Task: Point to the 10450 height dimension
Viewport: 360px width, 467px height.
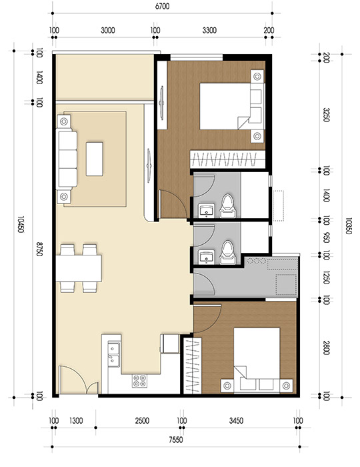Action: click(x=21, y=223)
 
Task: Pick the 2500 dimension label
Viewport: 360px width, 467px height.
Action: click(x=141, y=421)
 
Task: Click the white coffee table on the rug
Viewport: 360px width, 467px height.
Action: click(x=95, y=159)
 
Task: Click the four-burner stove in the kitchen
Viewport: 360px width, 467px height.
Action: click(x=140, y=381)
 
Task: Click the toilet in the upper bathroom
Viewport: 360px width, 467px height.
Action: click(x=228, y=206)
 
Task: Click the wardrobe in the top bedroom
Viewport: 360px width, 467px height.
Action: click(x=227, y=159)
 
